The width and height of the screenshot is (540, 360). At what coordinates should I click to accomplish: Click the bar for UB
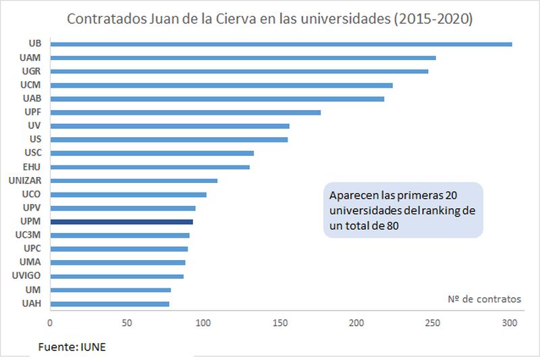pyautogui.click(x=281, y=45)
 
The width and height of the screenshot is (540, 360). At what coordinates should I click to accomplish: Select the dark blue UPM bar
pyautogui.click(x=122, y=222)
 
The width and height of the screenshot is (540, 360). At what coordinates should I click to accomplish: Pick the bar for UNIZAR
pyautogui.click(x=134, y=180)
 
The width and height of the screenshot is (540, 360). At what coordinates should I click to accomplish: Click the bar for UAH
pyautogui.click(x=109, y=304)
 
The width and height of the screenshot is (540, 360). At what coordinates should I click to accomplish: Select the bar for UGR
pyautogui.click(x=239, y=71)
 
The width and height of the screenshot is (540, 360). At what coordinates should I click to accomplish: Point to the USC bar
pyautogui.click(x=152, y=153)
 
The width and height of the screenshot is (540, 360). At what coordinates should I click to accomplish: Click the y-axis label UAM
pyautogui.click(x=31, y=57)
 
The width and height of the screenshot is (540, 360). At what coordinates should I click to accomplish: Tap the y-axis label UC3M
pyautogui.click(x=29, y=235)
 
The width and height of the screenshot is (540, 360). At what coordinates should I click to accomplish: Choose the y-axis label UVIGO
pyautogui.click(x=27, y=276)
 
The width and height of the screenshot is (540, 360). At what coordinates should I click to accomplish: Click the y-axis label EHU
pyautogui.click(x=32, y=167)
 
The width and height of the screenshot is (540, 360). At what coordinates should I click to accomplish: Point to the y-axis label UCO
pyautogui.click(x=31, y=194)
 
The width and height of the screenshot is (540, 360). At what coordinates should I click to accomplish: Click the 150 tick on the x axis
pyautogui.click(x=280, y=322)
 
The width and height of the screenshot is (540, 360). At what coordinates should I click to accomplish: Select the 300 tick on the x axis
pyautogui.click(x=510, y=322)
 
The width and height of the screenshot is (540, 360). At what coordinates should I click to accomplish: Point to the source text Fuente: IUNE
pyautogui.click(x=72, y=347)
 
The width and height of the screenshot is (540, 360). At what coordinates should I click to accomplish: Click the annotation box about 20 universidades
pyautogui.click(x=403, y=210)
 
